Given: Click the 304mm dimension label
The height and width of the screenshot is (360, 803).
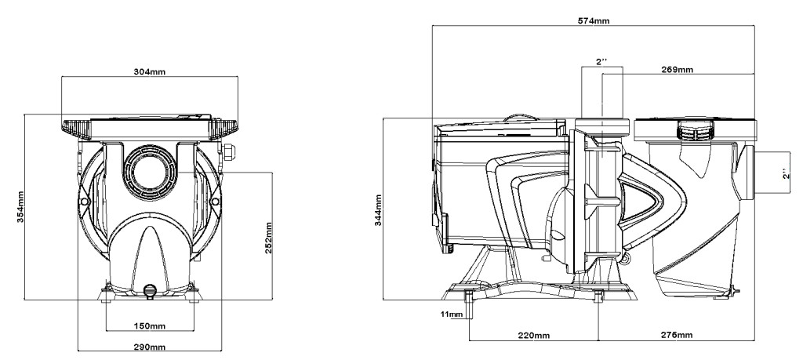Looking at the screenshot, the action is coord(150,71).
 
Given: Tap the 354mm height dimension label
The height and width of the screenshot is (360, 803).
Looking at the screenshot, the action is coord(20,207).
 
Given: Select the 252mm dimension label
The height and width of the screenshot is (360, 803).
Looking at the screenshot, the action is coord(268,238).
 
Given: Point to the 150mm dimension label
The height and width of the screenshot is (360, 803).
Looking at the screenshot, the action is coord(150,325).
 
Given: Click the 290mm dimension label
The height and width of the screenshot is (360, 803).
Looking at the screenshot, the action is coord(150,347).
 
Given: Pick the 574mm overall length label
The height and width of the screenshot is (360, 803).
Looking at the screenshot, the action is coord(594,21).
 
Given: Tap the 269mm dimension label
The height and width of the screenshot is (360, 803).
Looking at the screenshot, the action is coord(677,69).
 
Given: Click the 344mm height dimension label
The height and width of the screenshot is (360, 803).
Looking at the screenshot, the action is coord(379,210).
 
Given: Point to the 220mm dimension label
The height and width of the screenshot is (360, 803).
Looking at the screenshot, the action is coord(534,335).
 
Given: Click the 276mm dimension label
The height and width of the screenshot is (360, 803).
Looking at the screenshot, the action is coord(677,335).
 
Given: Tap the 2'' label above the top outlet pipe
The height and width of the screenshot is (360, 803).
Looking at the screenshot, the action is coord(601,61).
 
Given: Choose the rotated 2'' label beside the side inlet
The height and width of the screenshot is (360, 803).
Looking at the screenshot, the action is coord(787,173).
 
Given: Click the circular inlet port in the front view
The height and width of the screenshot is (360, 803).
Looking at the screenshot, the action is coord(150,173).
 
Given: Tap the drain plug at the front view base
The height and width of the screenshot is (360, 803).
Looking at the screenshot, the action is coord(150,291).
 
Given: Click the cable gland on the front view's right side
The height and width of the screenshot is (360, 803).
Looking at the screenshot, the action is coord(227,151).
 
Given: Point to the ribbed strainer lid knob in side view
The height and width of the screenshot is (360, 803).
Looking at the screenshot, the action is coord(695,129).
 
